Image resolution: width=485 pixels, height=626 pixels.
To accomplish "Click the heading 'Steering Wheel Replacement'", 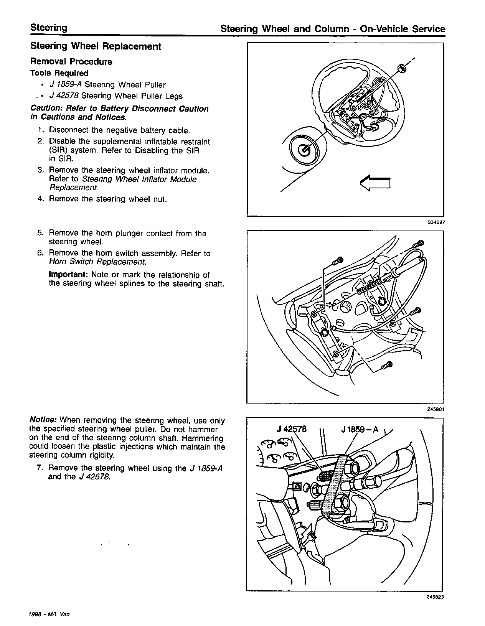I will click(x=96, y=46).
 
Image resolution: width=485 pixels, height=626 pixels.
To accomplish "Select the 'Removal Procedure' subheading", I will click(x=71, y=62).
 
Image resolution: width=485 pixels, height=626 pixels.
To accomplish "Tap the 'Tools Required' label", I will click(x=59, y=73).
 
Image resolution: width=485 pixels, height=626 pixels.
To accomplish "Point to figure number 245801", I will click(x=436, y=409).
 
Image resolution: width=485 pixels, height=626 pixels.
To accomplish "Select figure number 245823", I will click(x=436, y=597).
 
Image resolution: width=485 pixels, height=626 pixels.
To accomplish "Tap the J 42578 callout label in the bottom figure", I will click(x=292, y=429).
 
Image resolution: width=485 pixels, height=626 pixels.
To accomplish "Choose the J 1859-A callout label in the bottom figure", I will click(x=360, y=429).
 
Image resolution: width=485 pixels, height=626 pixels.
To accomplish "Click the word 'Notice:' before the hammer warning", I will click(x=43, y=420).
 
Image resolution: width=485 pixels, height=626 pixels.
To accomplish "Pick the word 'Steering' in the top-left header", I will click(x=48, y=28).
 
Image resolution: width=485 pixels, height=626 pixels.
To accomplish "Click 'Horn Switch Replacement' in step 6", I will click(x=97, y=262).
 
